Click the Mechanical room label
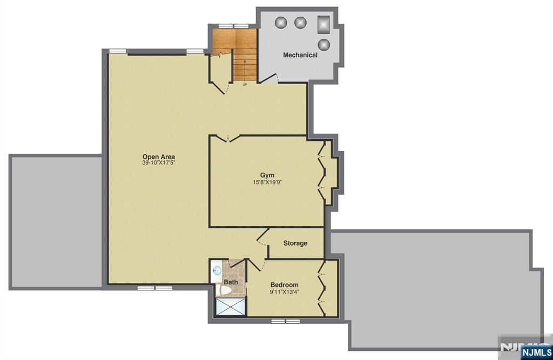coord(300,55)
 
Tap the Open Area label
coord(159,157)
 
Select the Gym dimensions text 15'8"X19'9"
coord(267,182)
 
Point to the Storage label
coord(295,243)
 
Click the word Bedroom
coord(284,285)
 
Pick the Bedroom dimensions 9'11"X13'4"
coord(285,292)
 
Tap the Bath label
coord(231,282)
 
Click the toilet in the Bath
coord(225,290)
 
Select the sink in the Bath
coord(217,271)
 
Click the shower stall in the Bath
coord(230,307)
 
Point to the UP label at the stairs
coord(245,85)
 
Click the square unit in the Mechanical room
coord(323,24)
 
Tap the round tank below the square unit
coord(324,45)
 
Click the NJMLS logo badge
coord(536,352)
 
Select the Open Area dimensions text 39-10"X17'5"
coord(159,163)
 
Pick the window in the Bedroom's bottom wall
coord(285,321)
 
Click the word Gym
coord(267,175)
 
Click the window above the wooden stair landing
coord(234,26)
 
